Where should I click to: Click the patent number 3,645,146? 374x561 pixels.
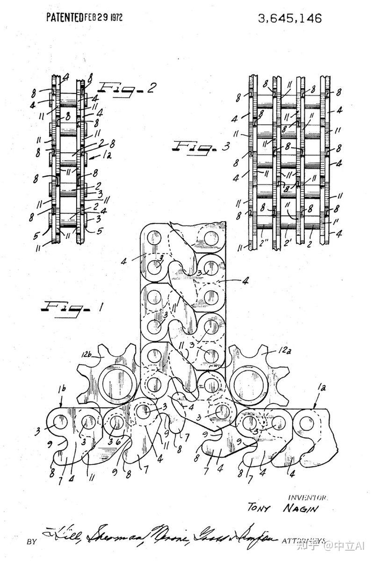point(290,18)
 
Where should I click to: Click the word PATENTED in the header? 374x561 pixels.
point(65,18)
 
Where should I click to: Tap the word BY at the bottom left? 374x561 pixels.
point(32,542)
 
